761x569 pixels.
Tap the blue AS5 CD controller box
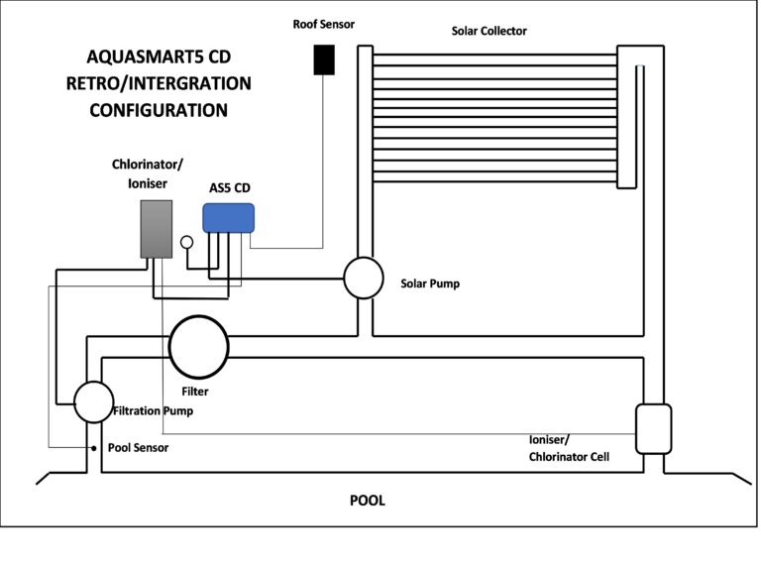click(229, 218)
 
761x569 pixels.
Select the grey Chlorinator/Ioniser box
click(156, 229)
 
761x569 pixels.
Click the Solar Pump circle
click(364, 278)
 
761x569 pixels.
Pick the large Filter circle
click(198, 345)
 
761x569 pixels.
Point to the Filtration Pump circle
click(94, 401)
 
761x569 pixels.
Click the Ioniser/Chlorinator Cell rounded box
click(653, 428)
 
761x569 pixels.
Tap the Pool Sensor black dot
click(95, 448)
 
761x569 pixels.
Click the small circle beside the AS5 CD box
click(186, 241)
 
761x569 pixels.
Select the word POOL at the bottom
click(367, 501)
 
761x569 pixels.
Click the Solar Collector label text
click(489, 31)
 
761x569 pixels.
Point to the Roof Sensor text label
click(324, 22)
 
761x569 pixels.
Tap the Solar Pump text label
click(430, 284)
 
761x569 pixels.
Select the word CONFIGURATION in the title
click(159, 110)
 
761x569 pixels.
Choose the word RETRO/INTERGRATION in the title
click(159, 83)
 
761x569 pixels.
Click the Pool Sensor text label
click(138, 448)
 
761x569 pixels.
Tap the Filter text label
click(195, 392)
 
